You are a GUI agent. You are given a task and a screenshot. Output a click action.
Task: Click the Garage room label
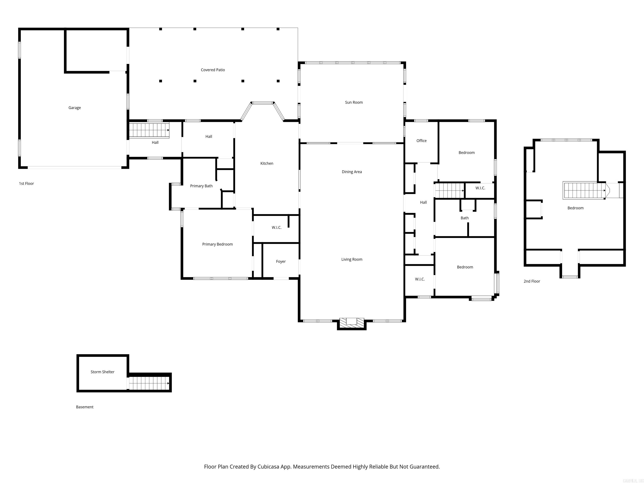pos(75,108)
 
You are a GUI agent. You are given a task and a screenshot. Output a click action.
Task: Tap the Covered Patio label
pos(213,70)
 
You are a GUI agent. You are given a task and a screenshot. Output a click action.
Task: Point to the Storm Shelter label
pos(103,372)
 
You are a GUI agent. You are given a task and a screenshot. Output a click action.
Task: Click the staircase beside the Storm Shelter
pos(149,383)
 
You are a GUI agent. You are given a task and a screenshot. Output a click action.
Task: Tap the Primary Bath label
pos(201,186)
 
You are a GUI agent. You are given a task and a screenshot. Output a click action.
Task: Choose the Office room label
pos(421,141)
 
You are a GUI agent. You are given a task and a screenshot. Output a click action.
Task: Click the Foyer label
pos(281,261)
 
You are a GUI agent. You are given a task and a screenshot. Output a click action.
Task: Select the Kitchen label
pos(267,163)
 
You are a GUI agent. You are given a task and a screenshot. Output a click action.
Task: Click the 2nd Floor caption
pos(532,281)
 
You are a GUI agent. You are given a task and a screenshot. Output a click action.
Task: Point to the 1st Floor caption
pos(26,183)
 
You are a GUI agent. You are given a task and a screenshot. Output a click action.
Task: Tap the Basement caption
pos(85,407)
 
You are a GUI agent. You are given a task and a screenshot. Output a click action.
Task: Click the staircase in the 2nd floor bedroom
pos(584,190)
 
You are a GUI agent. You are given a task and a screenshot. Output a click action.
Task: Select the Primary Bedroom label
pos(217,244)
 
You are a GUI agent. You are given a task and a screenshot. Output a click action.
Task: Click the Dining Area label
pos(352,172)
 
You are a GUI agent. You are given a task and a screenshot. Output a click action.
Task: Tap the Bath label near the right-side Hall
pos(465,218)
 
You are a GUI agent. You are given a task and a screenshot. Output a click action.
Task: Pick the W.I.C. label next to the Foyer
pos(277,227)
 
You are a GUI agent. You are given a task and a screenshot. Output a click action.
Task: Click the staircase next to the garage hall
pos(149,130)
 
